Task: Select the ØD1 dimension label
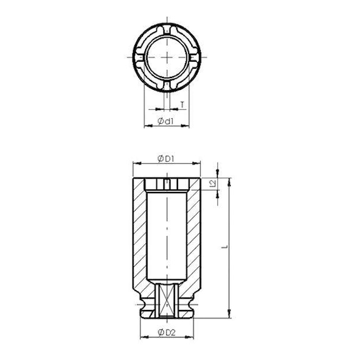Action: coord(165,159)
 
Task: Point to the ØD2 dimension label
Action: coord(166,331)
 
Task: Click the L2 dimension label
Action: coord(213,184)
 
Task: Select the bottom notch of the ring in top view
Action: coord(168,83)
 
